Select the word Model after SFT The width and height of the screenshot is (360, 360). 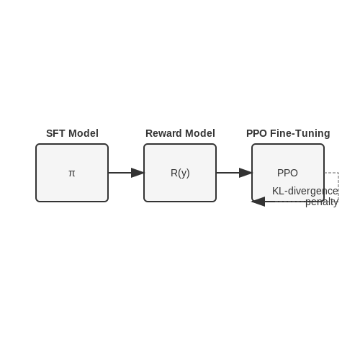point(84,133)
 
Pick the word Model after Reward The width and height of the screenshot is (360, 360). point(200,133)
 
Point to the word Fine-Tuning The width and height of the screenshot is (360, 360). point(300,133)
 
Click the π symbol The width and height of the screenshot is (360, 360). point(72,174)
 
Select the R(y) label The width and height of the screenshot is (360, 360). point(180,173)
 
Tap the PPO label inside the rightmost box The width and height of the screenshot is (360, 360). point(287,173)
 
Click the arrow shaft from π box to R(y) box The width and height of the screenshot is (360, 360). point(120,173)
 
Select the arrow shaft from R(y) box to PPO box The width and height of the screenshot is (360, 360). point(228,173)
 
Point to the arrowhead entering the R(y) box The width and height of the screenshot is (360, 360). point(138,173)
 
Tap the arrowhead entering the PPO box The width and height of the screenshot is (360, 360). point(246,173)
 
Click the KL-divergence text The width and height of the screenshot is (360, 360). point(305,192)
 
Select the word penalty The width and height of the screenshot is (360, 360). point(322,202)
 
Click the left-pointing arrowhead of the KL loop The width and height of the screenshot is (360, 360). point(258,202)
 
